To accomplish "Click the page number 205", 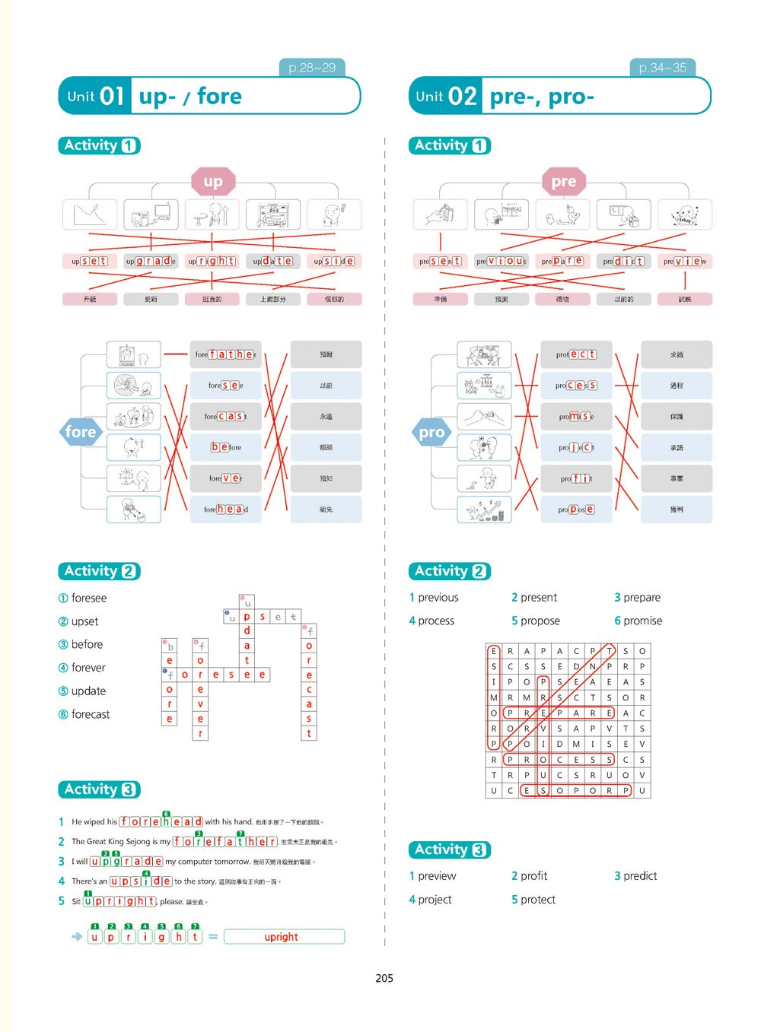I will pos(384,978).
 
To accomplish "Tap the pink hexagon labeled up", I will pos(213,182).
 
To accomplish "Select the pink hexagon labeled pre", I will pos(564,182).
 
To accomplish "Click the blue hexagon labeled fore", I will pos(81,432).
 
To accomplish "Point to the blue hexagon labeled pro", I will pos(431,432).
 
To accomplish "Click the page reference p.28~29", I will pos(312,68).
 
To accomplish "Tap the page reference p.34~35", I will pos(662,68).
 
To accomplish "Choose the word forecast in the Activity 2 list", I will pos(90,714).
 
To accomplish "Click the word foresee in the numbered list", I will pos(88,598).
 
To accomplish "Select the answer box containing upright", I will pos(284,937).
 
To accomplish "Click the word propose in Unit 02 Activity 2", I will pos(540,621).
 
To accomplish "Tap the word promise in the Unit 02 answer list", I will pos(643,621).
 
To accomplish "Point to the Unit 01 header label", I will pos(95,97).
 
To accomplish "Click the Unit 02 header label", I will pos(446,97).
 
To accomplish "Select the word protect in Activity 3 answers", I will pos(538,900).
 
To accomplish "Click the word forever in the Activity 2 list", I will pos(88,668).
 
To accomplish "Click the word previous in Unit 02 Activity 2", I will pos(438,598).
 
